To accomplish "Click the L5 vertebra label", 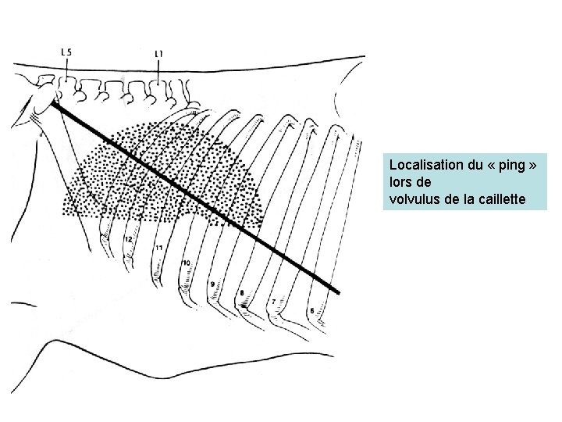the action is click(x=66, y=52).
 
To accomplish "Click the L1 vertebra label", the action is click(x=159, y=53).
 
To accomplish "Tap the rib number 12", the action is click(x=128, y=238).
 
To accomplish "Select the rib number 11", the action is click(x=158, y=248).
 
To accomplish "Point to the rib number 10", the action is click(x=186, y=263).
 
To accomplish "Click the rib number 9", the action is click(x=212, y=284).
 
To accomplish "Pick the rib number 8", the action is click(x=242, y=293).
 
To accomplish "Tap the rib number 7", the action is click(x=272, y=300).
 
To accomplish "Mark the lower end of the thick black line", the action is click(x=338, y=292).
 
